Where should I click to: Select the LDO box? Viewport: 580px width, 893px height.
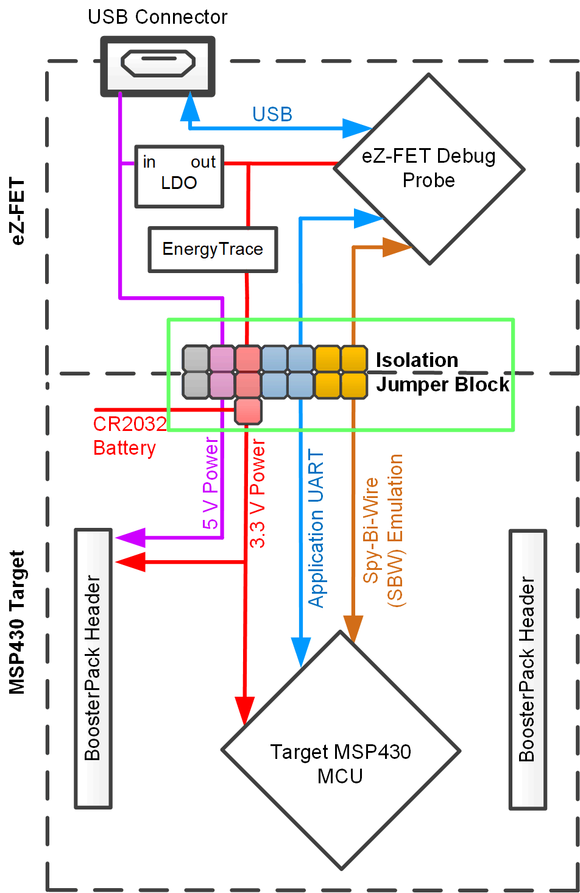pos(179,176)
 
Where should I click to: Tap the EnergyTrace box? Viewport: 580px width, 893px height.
pos(213,249)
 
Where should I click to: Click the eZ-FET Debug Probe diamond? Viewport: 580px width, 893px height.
pos(429,169)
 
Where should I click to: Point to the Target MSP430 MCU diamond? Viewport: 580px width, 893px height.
pos(341,751)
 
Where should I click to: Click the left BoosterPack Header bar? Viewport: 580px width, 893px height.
pos(93,668)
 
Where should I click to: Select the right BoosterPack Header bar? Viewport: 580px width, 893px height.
pos(528,669)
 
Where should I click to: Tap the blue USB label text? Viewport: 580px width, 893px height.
pos(272,115)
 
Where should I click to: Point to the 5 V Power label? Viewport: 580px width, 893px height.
pos(211,483)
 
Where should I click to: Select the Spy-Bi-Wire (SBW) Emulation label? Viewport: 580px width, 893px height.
pos(384,530)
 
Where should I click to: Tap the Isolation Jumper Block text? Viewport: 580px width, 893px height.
pos(442,372)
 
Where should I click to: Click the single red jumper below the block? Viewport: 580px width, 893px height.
pos(248,411)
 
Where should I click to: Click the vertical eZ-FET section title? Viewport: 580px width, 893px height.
pos(18,211)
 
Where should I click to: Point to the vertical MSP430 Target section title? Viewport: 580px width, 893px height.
pos(18,622)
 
